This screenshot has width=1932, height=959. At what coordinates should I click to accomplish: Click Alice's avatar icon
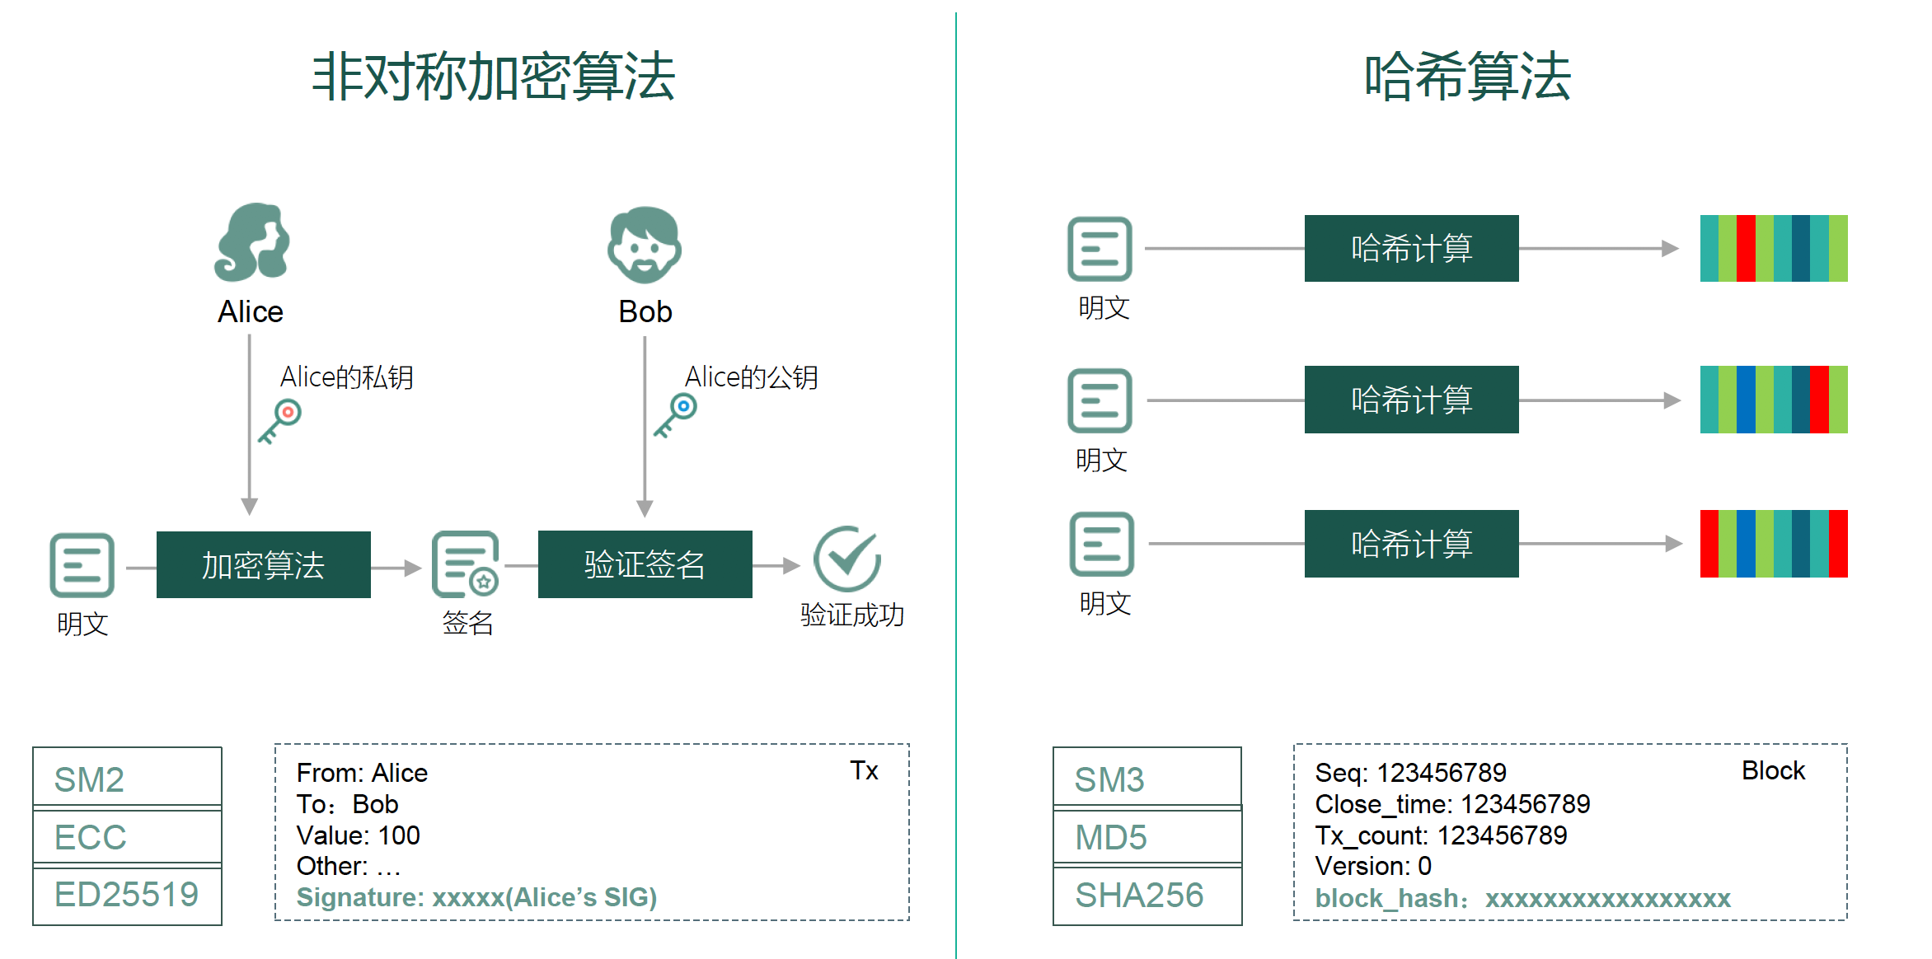[251, 242]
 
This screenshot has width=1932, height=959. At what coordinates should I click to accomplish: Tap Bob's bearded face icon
[645, 245]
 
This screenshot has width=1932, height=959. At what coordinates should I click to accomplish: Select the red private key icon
[280, 420]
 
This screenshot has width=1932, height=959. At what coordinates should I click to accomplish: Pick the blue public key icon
[676, 414]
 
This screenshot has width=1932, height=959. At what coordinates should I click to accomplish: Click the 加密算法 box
[263, 564]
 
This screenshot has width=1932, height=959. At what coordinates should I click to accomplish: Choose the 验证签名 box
[645, 564]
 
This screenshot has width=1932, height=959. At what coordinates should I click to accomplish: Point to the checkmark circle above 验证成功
[847, 559]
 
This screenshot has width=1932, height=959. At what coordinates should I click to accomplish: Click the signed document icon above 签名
[466, 564]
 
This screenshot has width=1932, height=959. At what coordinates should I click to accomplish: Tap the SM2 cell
[127, 779]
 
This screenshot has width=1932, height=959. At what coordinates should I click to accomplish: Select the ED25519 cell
[127, 895]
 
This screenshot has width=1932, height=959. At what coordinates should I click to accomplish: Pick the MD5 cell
[1147, 837]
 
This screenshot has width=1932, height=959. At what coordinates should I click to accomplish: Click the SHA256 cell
[1147, 895]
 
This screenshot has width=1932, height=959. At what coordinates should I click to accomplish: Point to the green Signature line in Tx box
[476, 897]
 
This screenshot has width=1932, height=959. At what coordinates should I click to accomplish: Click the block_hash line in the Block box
[1522, 898]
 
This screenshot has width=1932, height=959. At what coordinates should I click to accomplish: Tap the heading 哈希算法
[1467, 77]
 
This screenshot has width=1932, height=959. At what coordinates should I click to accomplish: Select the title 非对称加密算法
[493, 77]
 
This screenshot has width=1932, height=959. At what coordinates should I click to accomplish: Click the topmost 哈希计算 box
[1411, 248]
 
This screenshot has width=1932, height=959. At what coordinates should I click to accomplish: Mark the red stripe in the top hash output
[1746, 248]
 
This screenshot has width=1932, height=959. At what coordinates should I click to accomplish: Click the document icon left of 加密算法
[82, 565]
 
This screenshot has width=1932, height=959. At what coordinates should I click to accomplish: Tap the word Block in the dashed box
[1773, 770]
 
